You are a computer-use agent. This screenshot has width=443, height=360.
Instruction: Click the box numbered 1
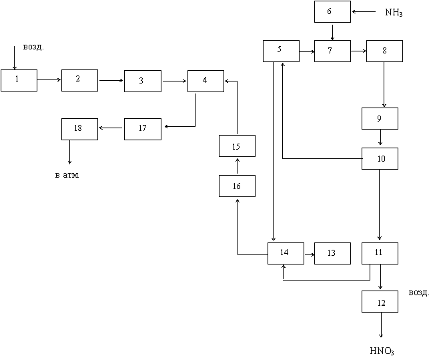coord(19,80)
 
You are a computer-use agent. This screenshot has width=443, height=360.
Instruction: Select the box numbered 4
coord(205,81)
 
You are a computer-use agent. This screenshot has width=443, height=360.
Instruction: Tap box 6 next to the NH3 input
coord(332,11)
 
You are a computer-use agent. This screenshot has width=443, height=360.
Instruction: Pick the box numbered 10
coord(380,159)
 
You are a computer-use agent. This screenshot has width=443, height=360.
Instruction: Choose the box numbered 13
coord(332,253)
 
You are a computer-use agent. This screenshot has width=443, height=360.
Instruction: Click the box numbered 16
coord(237,186)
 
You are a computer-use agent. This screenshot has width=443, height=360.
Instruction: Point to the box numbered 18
coord(79,129)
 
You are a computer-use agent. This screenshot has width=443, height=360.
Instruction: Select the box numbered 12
coord(380,301)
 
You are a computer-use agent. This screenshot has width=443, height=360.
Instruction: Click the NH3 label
coord(394,13)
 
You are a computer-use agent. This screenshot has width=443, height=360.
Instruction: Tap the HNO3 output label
coord(382,351)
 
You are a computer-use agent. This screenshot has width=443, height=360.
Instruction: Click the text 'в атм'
coord(67,175)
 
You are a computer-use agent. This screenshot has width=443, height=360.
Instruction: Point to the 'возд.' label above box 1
coord(33,47)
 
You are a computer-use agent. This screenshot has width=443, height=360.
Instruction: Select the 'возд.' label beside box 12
coord(419,293)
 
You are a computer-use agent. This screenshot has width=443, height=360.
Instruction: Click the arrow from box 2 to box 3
coord(111,81)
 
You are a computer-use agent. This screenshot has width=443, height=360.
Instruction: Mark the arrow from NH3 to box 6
coord(364,12)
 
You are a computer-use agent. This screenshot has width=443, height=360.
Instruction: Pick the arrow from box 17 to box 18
coord(111,128)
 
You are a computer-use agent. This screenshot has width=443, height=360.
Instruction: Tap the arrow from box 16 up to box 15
coord(238,166)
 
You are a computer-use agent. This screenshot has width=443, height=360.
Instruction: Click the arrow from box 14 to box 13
coord(310,254)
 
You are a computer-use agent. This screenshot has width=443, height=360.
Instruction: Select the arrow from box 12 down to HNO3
coord(381,325)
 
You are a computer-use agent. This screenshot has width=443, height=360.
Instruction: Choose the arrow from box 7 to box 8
coord(358,51)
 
